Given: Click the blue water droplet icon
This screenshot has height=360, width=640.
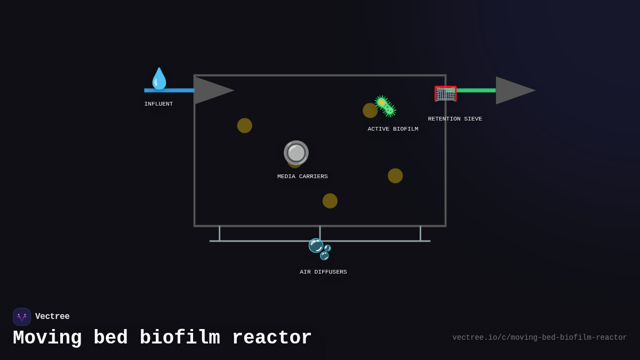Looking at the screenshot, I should pos(159,78).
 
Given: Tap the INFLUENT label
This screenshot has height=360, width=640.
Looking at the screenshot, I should pos(158,104).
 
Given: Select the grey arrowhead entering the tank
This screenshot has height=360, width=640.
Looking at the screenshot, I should pos(212,90).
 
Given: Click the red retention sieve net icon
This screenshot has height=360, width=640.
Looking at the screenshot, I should pos(445,94).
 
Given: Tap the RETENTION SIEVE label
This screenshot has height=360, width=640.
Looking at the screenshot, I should pos(454,119).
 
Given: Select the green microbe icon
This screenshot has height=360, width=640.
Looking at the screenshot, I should pos(385,106).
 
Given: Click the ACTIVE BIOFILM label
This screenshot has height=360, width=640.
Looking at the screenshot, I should pos(393,129).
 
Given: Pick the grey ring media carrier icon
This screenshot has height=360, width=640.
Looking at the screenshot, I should pos(296,153).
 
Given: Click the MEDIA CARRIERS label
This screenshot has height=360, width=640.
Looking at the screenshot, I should pos(302,177).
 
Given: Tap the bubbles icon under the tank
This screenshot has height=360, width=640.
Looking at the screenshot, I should pos(320,249).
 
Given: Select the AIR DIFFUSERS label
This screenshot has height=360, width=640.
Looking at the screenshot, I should pos(323,272).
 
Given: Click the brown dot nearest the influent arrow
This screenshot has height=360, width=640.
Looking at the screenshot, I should pos(245,126).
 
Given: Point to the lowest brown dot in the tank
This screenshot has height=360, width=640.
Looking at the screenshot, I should pos(330,201).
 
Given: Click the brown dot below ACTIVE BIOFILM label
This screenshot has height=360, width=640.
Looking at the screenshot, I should pos(395,176).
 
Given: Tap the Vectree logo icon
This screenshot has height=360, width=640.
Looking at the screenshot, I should pos(22,317).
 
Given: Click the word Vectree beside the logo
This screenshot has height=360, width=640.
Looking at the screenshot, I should pos(52,317).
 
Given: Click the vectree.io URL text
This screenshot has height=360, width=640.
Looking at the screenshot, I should pos(539,338).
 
